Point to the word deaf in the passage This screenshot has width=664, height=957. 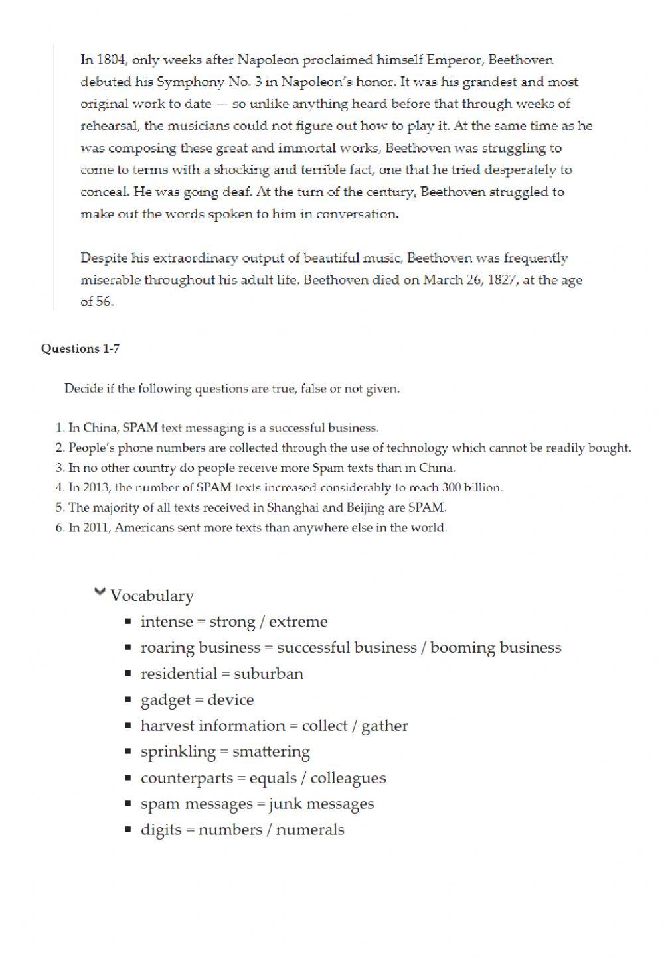(238, 192)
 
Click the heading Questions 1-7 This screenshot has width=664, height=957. (80, 349)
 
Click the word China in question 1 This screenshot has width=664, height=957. (100, 428)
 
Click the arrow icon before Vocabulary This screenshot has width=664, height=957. (100, 591)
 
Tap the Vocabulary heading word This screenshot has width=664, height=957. (152, 596)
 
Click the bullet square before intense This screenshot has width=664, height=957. (128, 622)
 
